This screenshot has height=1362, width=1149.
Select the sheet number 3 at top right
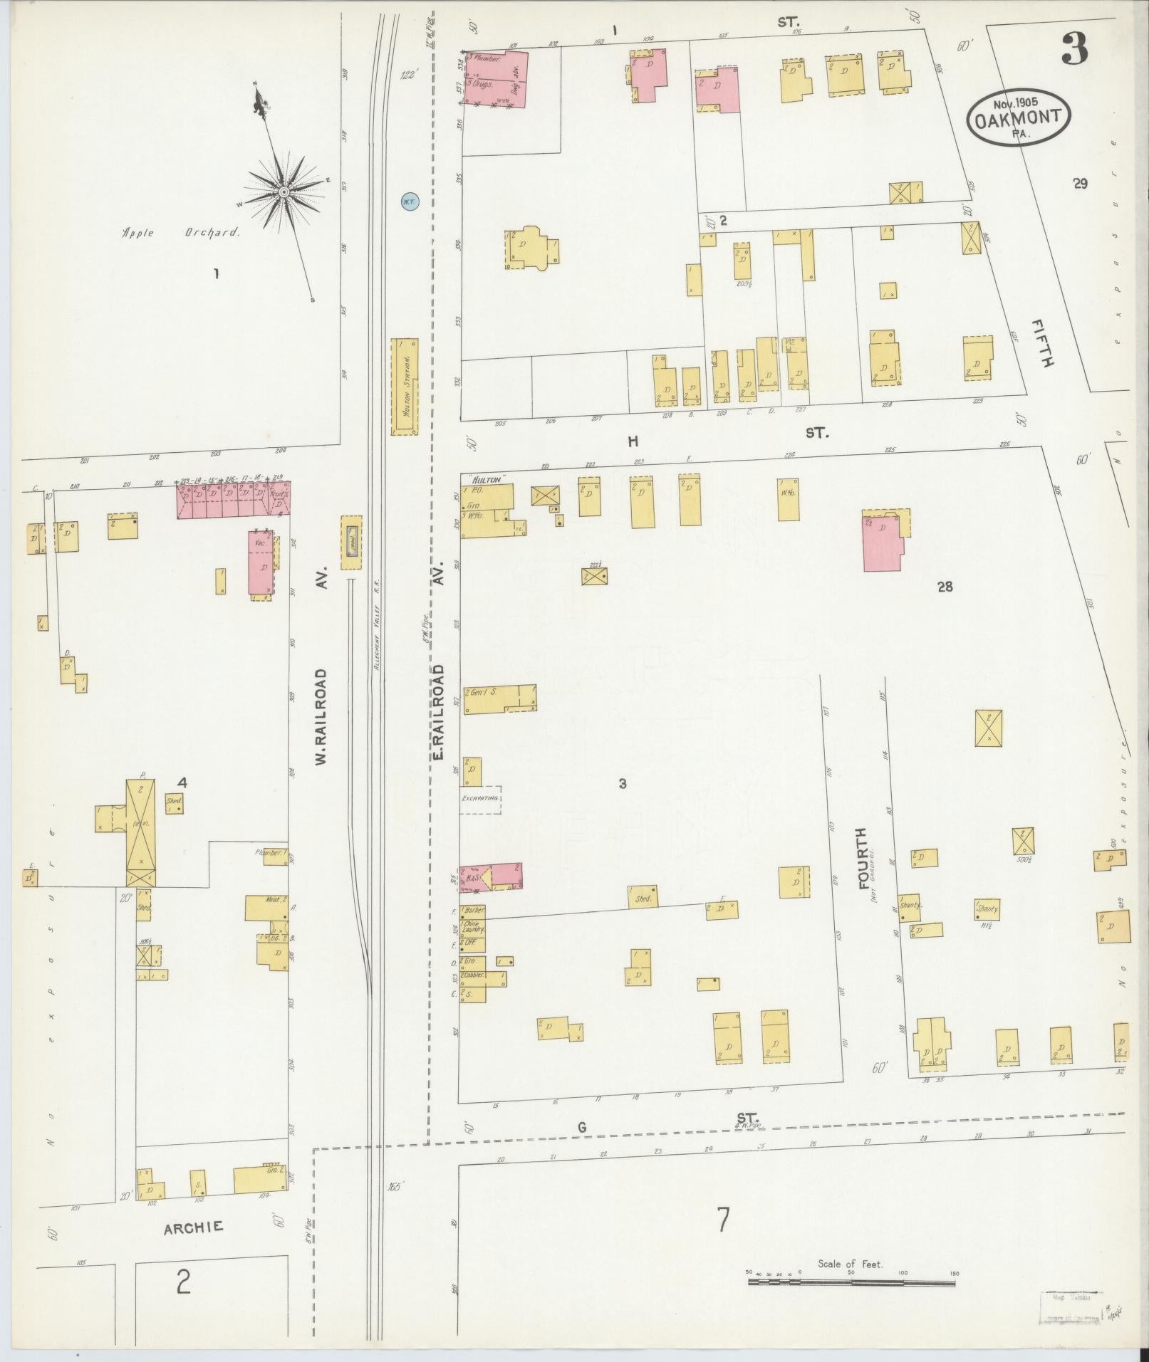[x=1074, y=49]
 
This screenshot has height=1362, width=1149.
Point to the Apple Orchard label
[x=181, y=232]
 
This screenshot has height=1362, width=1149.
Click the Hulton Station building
[x=405, y=386]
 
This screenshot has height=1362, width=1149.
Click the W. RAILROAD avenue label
[x=321, y=717]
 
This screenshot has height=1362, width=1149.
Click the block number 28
[x=945, y=587]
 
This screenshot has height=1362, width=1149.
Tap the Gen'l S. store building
[x=499, y=697]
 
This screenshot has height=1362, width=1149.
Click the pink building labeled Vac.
[x=261, y=562]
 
